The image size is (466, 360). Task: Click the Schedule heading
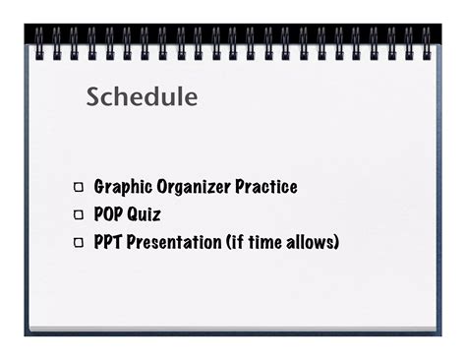point(142,97)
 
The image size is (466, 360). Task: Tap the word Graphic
point(123,187)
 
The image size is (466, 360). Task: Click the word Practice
point(265,187)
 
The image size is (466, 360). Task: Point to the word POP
point(108,214)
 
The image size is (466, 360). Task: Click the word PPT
point(108,241)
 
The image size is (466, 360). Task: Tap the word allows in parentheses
point(309,241)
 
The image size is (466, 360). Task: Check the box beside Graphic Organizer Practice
point(78,188)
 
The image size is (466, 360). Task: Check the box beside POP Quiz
point(78,214)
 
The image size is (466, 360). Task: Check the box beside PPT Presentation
point(78,242)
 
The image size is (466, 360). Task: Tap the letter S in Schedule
point(93,97)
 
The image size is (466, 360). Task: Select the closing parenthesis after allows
point(336,242)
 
